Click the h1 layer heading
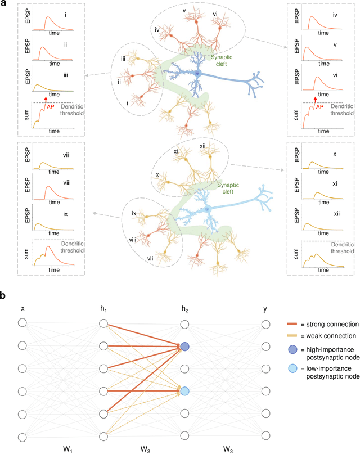pos(103,308)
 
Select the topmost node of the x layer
pos(22,323)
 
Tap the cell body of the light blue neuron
pos(208,209)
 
